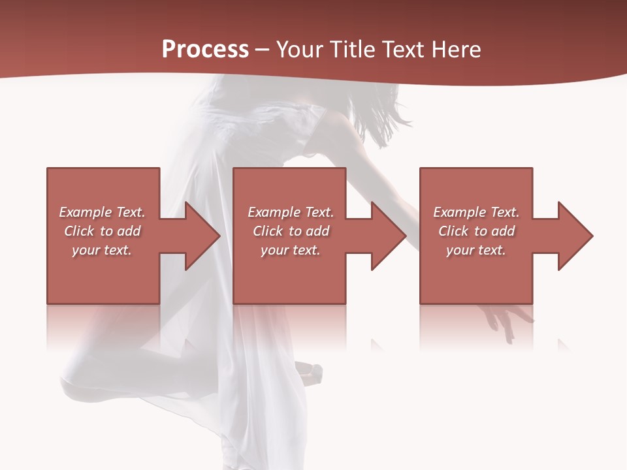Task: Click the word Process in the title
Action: click(x=205, y=50)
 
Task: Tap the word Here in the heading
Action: click(x=457, y=50)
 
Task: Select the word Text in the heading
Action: click(x=405, y=50)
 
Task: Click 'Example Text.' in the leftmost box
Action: click(x=102, y=212)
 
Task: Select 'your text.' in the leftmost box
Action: click(x=102, y=250)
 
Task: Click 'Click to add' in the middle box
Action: click(x=291, y=231)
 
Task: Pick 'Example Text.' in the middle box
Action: click(x=291, y=212)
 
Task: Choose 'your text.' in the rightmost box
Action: click(x=476, y=250)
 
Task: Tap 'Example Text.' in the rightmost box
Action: click(x=476, y=212)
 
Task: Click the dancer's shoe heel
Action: click(x=312, y=373)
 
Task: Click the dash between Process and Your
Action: click(x=263, y=50)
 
